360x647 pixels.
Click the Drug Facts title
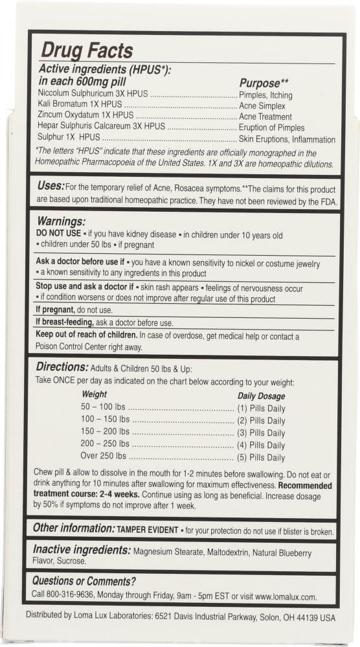pyautogui.click(x=87, y=51)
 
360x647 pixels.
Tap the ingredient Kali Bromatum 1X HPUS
pyautogui.click(x=80, y=106)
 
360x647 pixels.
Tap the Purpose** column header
pyautogui.click(x=264, y=83)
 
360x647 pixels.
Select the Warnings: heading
pyautogui.click(x=61, y=221)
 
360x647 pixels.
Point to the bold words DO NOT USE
pyautogui.click(x=57, y=234)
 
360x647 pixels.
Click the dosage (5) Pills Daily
pyautogui.click(x=261, y=457)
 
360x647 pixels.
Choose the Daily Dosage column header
pyautogui.click(x=262, y=396)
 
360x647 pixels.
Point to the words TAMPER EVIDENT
pyautogui.click(x=147, y=529)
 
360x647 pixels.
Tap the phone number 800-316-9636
pyautogui.click(x=71, y=595)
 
